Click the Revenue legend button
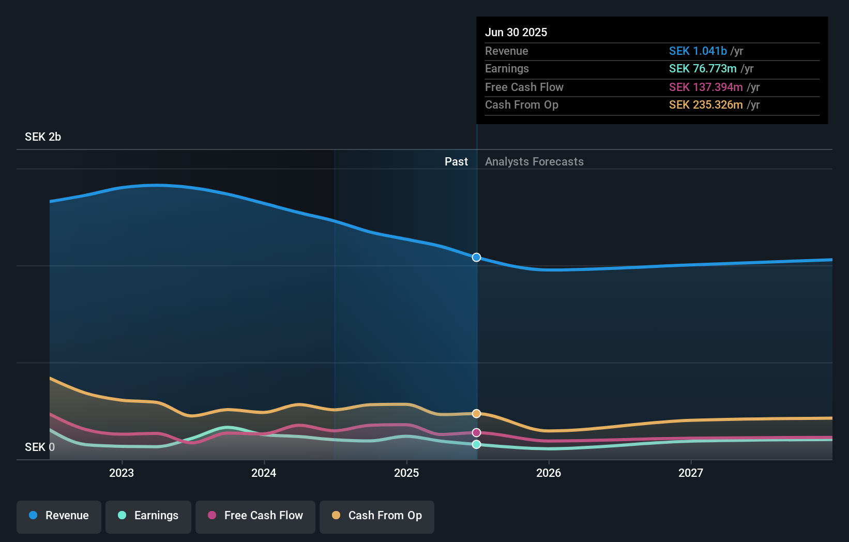point(59,516)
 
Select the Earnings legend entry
point(148,516)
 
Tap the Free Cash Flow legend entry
point(255,516)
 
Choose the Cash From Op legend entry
point(377,516)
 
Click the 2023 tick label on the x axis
point(122,473)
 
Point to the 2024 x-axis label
point(264,473)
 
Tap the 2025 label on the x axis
point(406,473)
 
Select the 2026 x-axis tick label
point(549,473)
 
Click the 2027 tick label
point(691,473)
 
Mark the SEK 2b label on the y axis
point(43,137)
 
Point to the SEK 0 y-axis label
point(40,447)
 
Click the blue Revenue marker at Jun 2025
point(477,258)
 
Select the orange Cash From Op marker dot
point(477,414)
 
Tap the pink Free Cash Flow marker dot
point(477,433)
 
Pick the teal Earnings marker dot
point(477,445)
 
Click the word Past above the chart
point(456,162)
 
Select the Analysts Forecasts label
point(534,162)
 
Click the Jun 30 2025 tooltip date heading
point(516,33)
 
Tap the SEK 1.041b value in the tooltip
point(698,51)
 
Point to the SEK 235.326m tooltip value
point(706,105)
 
